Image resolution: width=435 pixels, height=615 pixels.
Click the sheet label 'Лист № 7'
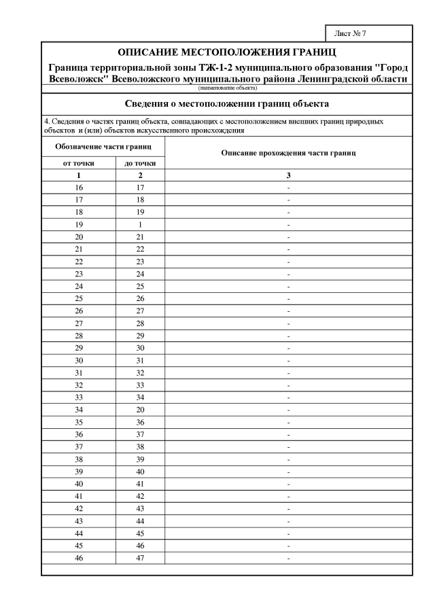[x=350, y=33]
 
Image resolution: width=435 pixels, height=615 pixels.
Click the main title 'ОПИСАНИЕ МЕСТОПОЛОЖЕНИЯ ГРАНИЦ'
[x=227, y=52]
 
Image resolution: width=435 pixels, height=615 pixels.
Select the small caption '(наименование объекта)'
[x=227, y=88]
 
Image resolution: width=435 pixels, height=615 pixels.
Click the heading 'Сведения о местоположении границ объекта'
[x=227, y=104]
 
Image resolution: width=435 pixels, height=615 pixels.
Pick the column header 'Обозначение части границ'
[x=103, y=147]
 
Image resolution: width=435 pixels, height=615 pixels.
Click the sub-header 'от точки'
[x=79, y=163]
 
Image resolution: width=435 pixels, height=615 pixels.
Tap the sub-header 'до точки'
[x=141, y=163]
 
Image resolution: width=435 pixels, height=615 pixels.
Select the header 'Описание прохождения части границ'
[x=289, y=154]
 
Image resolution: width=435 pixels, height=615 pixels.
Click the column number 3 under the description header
[x=289, y=175]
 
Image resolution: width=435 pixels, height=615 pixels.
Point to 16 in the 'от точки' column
[x=79, y=187]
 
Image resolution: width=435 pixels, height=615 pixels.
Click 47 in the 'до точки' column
[x=141, y=558]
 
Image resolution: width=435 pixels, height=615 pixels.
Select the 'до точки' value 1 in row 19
[x=141, y=224]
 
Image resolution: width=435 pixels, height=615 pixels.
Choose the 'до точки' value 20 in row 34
[x=141, y=409]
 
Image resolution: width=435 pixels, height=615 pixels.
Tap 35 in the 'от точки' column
[x=79, y=421]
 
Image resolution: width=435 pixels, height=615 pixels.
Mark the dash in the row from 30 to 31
[x=289, y=359]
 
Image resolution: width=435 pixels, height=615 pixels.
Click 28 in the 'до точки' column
[x=141, y=323]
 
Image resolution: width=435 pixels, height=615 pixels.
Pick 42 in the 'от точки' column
[x=79, y=508]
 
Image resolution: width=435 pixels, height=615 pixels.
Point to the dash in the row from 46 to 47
[x=289, y=558]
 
